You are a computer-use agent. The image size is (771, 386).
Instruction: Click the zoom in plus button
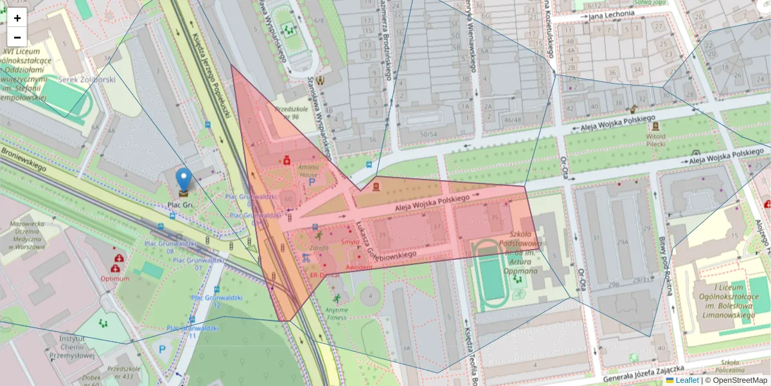click(17, 17)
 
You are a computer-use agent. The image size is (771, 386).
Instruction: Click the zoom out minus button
click(17, 37)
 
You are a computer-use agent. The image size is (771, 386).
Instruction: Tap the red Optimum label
click(114, 279)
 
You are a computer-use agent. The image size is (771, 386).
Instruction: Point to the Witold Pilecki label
click(655, 140)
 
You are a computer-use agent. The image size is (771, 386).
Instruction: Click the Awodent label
click(359, 267)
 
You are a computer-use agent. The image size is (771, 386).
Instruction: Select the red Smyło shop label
click(351, 242)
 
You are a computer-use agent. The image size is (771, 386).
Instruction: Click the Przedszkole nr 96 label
click(288, 113)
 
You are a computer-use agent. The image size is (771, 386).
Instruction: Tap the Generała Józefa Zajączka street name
click(661, 370)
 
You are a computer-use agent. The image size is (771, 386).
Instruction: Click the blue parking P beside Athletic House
click(312, 183)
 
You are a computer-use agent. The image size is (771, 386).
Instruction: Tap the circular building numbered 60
click(288, 200)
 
